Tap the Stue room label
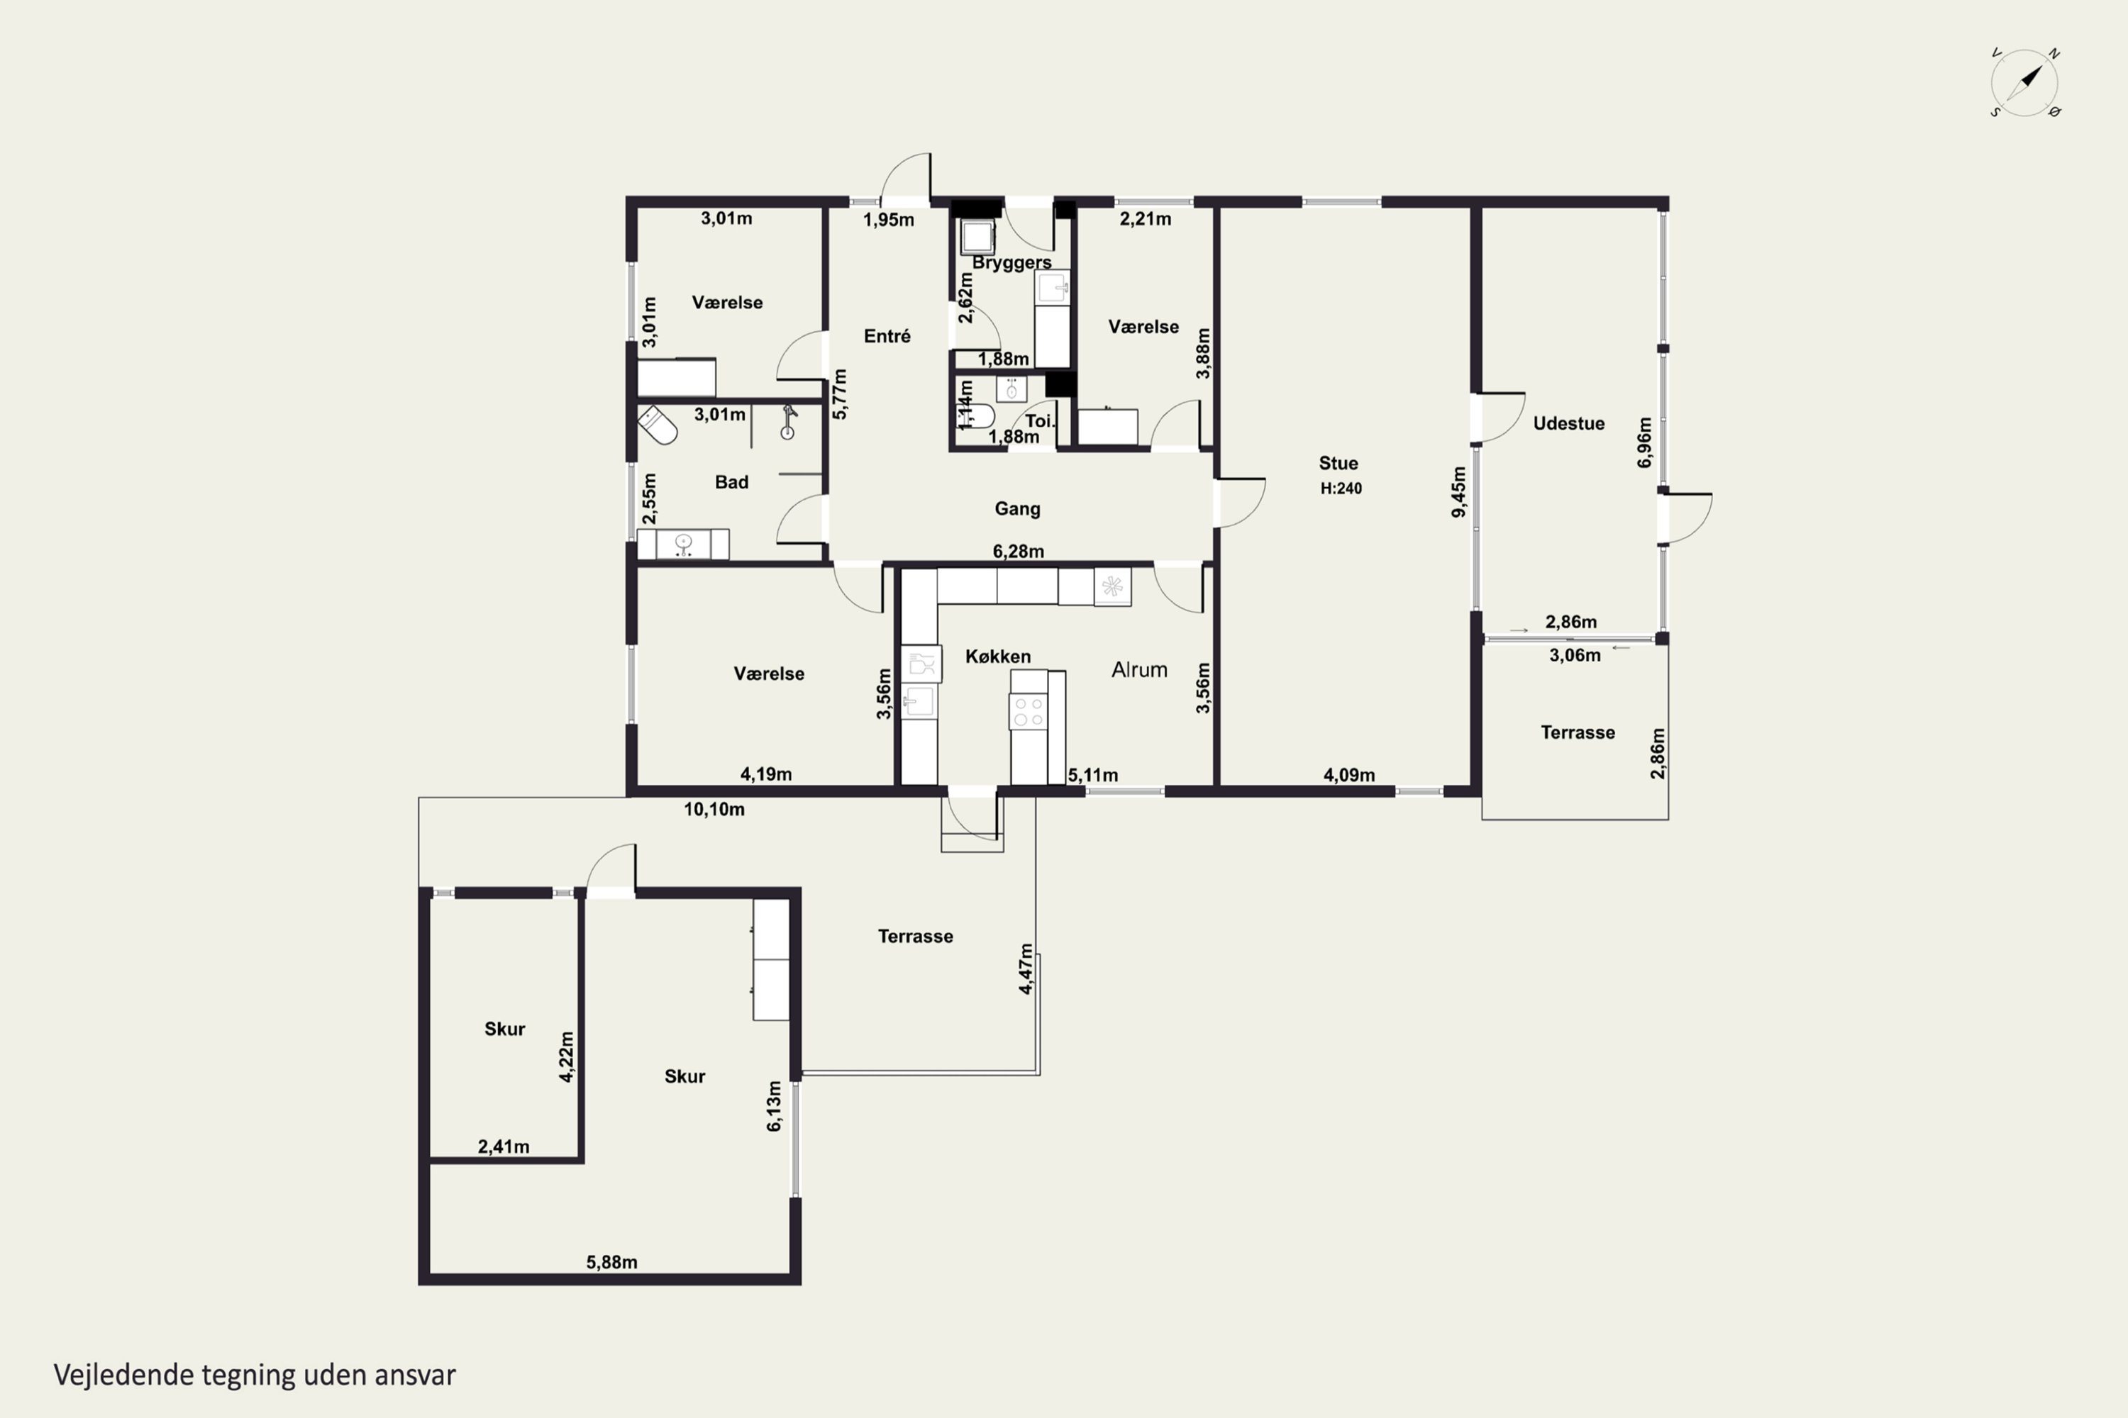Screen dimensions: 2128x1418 1338,463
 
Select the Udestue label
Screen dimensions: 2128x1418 1569,423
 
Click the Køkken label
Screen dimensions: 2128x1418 998,657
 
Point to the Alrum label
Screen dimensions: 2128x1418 1139,670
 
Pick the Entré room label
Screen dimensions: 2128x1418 887,335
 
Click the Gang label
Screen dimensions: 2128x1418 1017,509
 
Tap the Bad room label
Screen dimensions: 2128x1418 731,482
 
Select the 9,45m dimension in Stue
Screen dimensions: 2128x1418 1458,492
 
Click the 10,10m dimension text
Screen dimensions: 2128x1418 714,810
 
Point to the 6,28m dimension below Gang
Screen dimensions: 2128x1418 1018,552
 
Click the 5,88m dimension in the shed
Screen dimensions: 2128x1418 611,1263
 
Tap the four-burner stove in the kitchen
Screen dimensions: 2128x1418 1028,712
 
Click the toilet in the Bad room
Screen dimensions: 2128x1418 658,425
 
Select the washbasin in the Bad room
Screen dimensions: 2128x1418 683,545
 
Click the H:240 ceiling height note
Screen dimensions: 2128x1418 1341,489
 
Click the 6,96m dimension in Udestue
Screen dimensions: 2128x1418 1645,442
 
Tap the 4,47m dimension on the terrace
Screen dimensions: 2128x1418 1026,968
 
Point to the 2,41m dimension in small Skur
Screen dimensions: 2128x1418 504,1146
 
